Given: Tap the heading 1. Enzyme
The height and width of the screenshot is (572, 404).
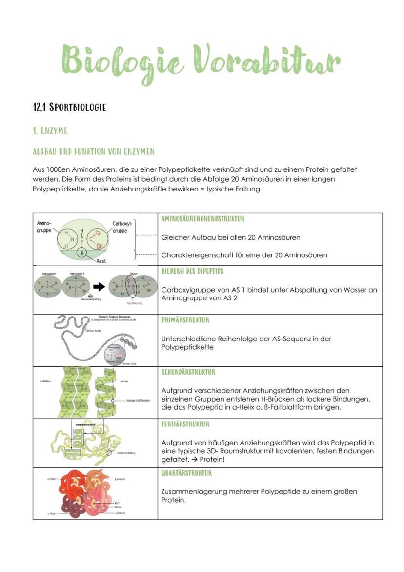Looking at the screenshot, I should pyautogui.click(x=49, y=130).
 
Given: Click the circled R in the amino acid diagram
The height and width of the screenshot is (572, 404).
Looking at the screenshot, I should pyautogui.click(x=83, y=253).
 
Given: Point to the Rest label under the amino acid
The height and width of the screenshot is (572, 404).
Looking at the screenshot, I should pyautogui.click(x=101, y=261).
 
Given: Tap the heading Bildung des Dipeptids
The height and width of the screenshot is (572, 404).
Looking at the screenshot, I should pyautogui.click(x=192, y=271).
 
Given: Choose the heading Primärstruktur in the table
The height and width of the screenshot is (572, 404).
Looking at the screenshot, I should pyautogui.click(x=185, y=320).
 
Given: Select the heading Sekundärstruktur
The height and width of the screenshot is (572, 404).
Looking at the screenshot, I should pyautogui.click(x=188, y=372).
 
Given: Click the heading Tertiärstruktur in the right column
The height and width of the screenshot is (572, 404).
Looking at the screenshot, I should pyautogui.click(x=185, y=424).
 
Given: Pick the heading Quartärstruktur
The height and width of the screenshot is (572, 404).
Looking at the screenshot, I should pyautogui.click(x=186, y=473).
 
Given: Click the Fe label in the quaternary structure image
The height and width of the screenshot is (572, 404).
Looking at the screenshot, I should pyautogui.click(x=117, y=503).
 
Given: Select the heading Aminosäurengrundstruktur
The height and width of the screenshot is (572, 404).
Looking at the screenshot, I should pyautogui.click(x=202, y=219).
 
